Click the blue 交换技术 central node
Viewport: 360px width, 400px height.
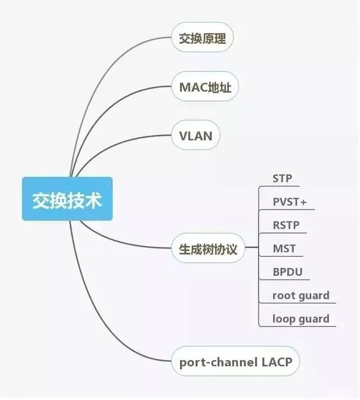(x=67, y=199)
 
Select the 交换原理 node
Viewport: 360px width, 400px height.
(x=202, y=39)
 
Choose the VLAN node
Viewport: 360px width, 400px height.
(x=195, y=135)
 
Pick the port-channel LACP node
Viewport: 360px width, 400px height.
(x=236, y=361)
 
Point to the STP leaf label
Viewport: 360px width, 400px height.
(x=282, y=179)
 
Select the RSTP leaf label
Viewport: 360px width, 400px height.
(x=286, y=226)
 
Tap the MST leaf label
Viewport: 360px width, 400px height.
(x=284, y=249)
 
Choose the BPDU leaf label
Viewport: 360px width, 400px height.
(x=287, y=272)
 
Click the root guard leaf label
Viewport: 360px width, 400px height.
(x=300, y=296)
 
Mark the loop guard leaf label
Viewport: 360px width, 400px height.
(x=300, y=319)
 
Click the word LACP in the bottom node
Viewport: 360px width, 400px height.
(x=277, y=361)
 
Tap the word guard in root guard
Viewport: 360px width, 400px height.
(x=314, y=296)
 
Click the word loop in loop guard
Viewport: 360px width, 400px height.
(x=284, y=319)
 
